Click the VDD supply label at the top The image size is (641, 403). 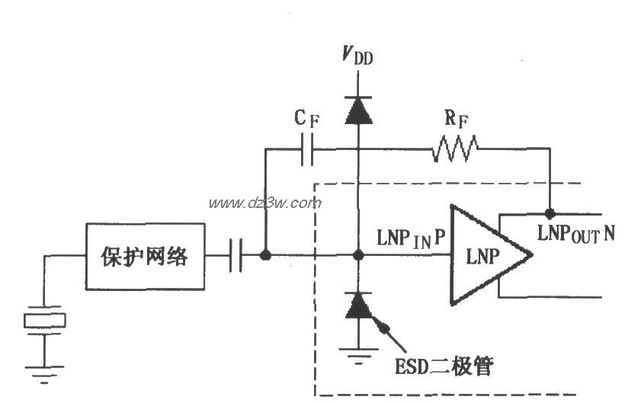tap(357, 56)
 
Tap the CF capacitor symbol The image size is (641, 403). tap(307, 149)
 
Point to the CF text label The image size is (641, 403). tap(307, 120)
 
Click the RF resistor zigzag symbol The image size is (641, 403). tap(455, 149)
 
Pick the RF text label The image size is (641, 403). tap(455, 120)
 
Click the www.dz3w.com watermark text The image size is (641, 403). tap(265, 203)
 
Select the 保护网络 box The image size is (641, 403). tap(145, 256)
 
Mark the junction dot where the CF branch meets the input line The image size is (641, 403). tap(265, 256)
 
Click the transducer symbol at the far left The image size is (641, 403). tap(45, 321)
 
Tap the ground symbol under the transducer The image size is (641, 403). tap(45, 371)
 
